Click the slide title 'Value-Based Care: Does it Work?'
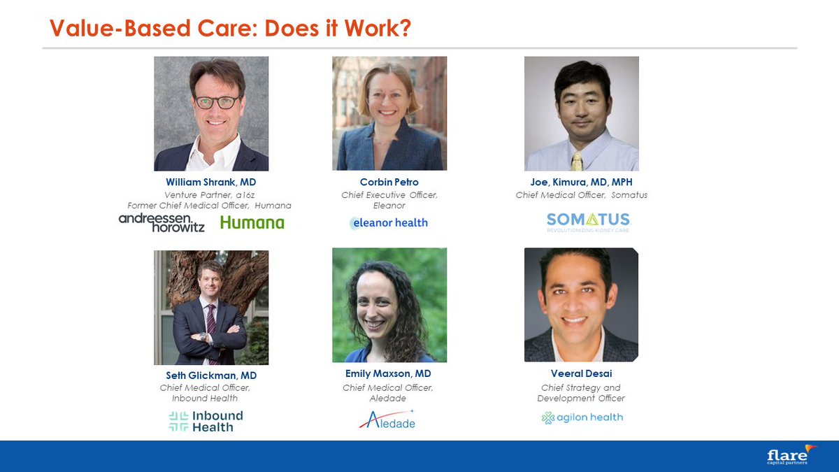click(230, 29)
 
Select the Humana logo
click(252, 223)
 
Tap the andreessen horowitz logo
click(162, 222)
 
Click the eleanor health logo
click(389, 223)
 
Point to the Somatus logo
click(588, 222)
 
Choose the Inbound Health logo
click(206, 421)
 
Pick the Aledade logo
click(387, 420)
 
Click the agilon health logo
click(582, 417)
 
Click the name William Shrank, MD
click(210, 183)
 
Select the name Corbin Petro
click(389, 183)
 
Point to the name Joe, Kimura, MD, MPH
click(581, 183)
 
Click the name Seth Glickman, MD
click(211, 376)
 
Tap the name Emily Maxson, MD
click(388, 374)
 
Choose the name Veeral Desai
click(581, 373)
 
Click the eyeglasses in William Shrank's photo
click(217, 102)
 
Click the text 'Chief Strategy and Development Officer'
click(581, 393)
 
